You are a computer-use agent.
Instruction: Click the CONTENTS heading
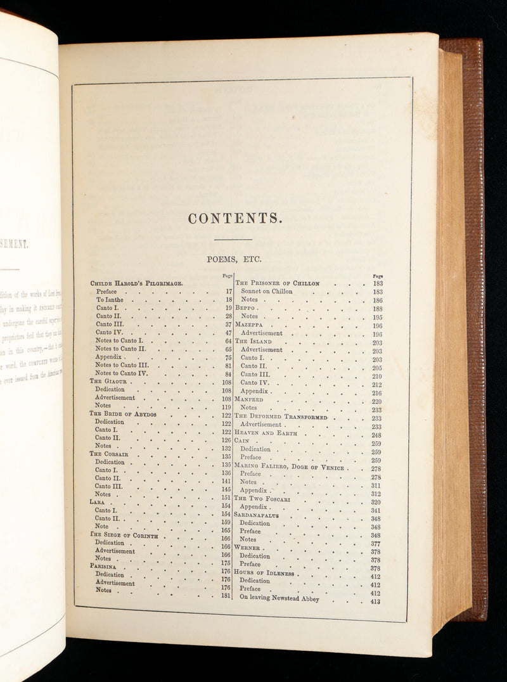click(x=234, y=219)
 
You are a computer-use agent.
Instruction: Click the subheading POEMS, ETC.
click(x=234, y=259)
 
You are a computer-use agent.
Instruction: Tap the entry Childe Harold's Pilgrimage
click(x=137, y=283)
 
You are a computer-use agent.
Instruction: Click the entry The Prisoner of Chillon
click(x=277, y=283)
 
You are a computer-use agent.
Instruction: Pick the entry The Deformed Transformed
click(x=281, y=417)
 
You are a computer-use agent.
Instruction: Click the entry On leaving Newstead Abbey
click(x=279, y=597)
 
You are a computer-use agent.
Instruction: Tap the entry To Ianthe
click(x=109, y=300)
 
